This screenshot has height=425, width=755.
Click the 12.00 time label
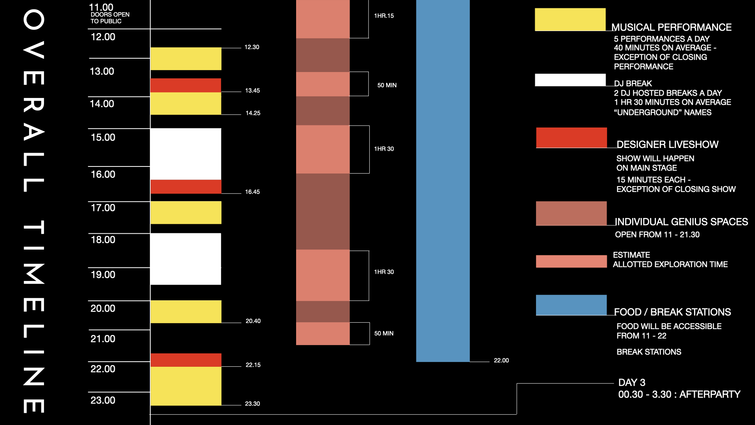(x=103, y=37)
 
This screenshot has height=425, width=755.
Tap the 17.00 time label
(x=103, y=208)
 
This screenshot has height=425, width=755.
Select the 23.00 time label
(x=103, y=400)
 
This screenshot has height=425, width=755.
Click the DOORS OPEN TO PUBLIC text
(x=110, y=18)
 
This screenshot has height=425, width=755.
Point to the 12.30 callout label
(x=252, y=47)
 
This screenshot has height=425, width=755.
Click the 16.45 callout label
(x=252, y=192)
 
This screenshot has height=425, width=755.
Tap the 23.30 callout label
(x=252, y=404)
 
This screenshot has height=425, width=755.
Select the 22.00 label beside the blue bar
(x=501, y=360)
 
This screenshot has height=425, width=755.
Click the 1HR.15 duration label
(x=384, y=16)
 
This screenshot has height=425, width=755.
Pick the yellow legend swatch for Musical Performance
(x=570, y=19)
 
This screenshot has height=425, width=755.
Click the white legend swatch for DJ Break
(x=570, y=80)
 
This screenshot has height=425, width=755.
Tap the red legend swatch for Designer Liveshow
(x=571, y=137)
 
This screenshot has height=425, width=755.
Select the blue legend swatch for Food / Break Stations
(x=571, y=305)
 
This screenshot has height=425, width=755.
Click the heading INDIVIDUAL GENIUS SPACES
(x=681, y=222)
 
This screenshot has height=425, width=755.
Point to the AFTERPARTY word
(x=710, y=394)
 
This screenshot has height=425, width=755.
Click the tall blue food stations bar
(x=443, y=181)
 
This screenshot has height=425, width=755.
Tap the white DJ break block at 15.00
(x=186, y=154)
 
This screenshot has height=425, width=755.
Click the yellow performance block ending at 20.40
(x=186, y=312)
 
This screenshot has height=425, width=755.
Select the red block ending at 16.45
(x=186, y=187)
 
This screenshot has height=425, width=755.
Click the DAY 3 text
(x=632, y=382)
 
